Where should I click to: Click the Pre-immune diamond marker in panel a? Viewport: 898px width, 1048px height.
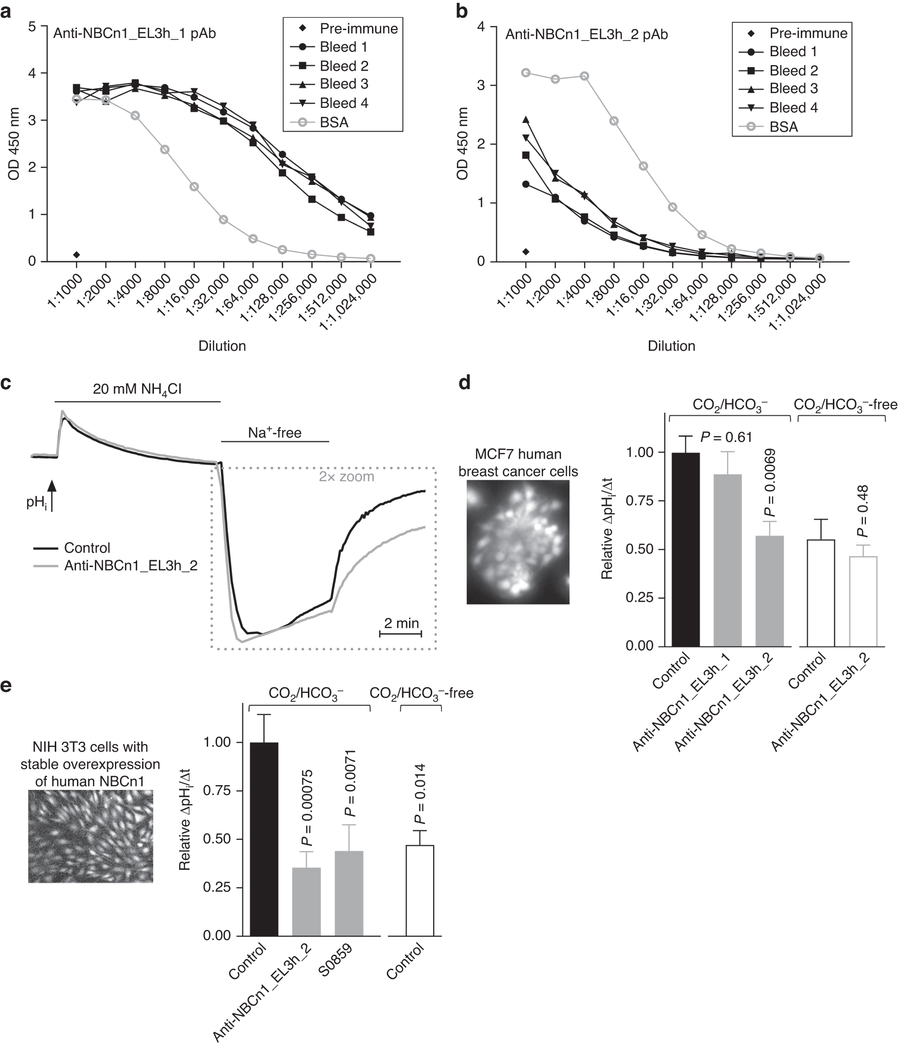coord(76,254)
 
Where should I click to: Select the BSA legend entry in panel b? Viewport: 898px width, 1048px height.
coord(783,127)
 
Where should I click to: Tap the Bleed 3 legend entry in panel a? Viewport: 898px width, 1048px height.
coord(343,84)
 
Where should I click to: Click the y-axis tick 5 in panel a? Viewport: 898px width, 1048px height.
coord(32,26)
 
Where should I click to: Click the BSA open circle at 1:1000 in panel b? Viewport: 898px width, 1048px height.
coord(526,73)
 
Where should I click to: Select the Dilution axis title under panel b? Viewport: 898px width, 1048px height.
coord(671,346)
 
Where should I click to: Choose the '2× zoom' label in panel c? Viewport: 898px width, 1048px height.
coord(346,477)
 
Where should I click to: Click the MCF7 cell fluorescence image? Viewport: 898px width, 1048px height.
coord(518,542)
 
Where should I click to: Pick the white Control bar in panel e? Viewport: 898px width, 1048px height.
coord(419,890)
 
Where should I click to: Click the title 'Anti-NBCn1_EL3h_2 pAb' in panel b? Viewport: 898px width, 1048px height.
coord(586,35)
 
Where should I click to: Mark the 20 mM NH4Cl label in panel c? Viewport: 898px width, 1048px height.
coord(137,389)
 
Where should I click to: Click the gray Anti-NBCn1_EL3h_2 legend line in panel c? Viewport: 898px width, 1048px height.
coord(45,566)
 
